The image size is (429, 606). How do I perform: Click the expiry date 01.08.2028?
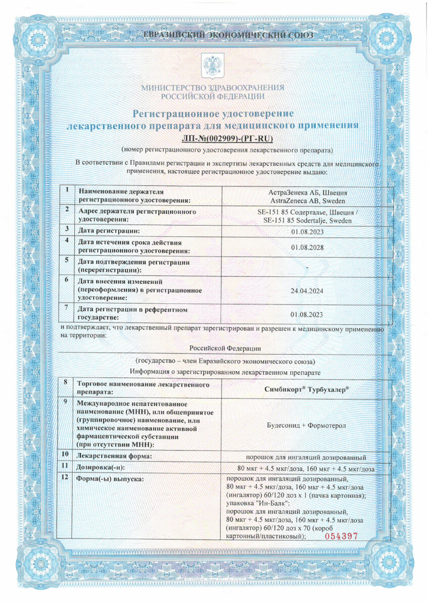coord(307,247)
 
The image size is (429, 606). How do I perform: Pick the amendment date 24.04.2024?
coord(307,291)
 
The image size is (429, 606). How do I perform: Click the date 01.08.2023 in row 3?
coord(307,231)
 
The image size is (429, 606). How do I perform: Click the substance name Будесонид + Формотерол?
coord(307,426)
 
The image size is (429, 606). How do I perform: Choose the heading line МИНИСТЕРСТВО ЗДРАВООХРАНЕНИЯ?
coord(213,87)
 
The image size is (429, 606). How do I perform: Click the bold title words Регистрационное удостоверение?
coord(213,114)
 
